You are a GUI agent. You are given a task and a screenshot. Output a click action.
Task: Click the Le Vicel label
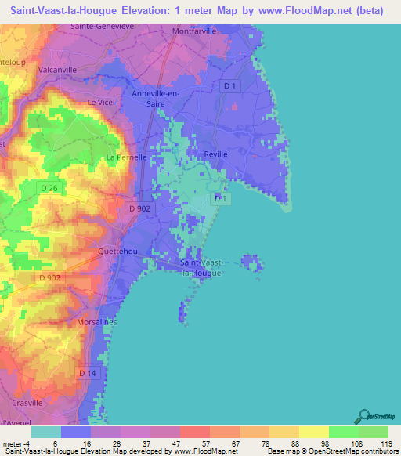(x=101, y=102)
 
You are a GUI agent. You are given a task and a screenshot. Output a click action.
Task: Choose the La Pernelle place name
(x=126, y=157)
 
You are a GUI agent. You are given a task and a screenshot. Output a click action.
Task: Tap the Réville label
(x=215, y=154)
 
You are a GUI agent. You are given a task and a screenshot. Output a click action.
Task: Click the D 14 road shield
(x=89, y=374)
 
